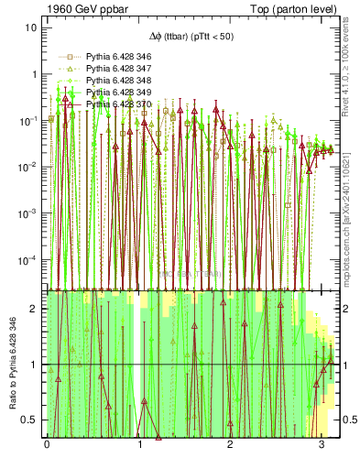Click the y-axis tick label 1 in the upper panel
[x=35, y=74]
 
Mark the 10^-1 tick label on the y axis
[x=29, y=120]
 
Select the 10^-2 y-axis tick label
[x=29, y=167]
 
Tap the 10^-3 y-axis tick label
[x=29, y=213]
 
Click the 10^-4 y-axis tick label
[x=29, y=260]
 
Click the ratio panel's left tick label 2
[x=35, y=309]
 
